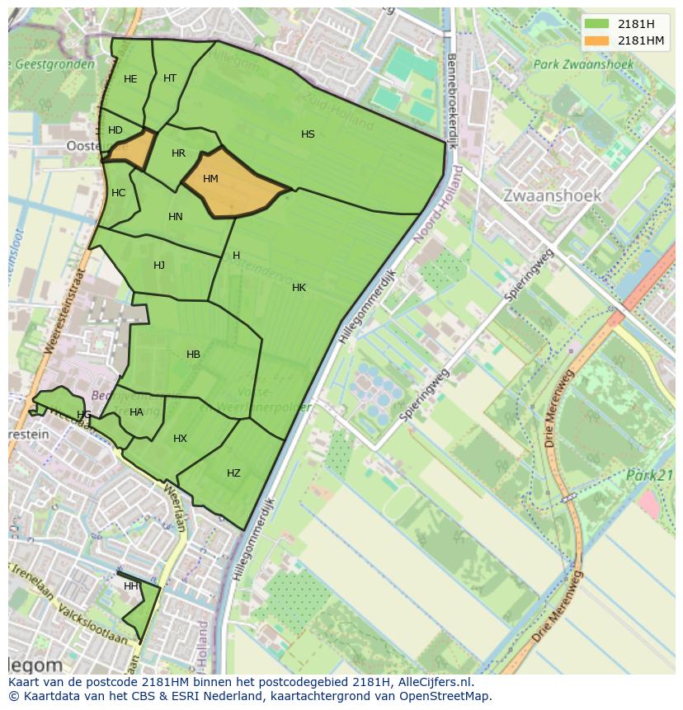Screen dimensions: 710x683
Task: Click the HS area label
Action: [x=308, y=134]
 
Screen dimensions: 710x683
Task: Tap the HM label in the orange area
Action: [x=210, y=179]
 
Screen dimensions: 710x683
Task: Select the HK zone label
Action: [x=299, y=288]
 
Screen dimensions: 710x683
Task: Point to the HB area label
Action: [x=193, y=355]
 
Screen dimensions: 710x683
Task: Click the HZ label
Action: [x=233, y=473]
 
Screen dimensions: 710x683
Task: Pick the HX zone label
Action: [x=180, y=439]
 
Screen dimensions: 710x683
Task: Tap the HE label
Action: [x=130, y=79]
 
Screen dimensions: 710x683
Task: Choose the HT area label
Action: [x=170, y=78]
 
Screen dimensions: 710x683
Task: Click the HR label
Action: [x=179, y=153]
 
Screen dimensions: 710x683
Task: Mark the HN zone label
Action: [x=176, y=217]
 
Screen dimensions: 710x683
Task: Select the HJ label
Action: [x=159, y=266]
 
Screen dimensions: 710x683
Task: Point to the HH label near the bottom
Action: [x=130, y=586]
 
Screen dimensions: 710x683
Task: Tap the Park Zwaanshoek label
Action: [x=582, y=63]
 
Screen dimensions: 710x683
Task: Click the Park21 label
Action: [x=649, y=475]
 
